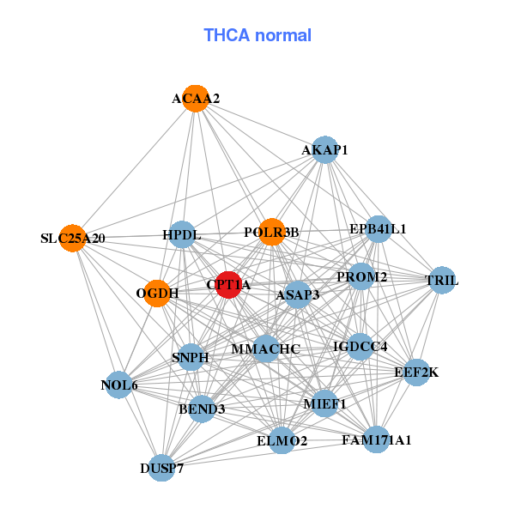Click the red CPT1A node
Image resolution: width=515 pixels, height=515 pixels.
click(x=227, y=284)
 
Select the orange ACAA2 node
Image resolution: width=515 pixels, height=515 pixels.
click(x=196, y=99)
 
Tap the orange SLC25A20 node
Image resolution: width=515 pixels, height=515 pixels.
click(x=73, y=238)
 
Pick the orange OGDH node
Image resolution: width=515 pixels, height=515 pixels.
click(x=157, y=294)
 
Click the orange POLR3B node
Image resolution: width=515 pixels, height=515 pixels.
click(x=271, y=232)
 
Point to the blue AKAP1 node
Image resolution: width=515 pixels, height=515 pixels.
click(x=324, y=150)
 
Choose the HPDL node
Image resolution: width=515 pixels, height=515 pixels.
click(x=181, y=234)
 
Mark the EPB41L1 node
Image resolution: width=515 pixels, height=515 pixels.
click(x=378, y=229)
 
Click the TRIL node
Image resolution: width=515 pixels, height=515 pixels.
click(x=441, y=281)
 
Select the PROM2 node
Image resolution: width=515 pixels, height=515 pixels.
click(x=361, y=276)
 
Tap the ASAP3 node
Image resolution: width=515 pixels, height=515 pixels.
click(x=297, y=294)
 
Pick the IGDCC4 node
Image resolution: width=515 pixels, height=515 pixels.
click(x=360, y=347)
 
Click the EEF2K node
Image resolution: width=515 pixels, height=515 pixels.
click(x=416, y=373)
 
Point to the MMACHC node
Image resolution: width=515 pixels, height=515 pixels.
click(x=266, y=348)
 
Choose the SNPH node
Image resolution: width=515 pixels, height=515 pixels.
click(x=190, y=357)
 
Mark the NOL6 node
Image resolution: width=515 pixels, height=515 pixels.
click(x=119, y=385)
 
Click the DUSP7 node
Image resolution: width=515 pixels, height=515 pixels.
click(x=161, y=468)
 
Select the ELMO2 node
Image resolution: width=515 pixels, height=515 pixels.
click(x=282, y=441)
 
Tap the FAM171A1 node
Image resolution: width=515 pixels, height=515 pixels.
click(x=376, y=440)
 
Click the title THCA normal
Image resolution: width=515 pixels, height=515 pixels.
click(x=257, y=35)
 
